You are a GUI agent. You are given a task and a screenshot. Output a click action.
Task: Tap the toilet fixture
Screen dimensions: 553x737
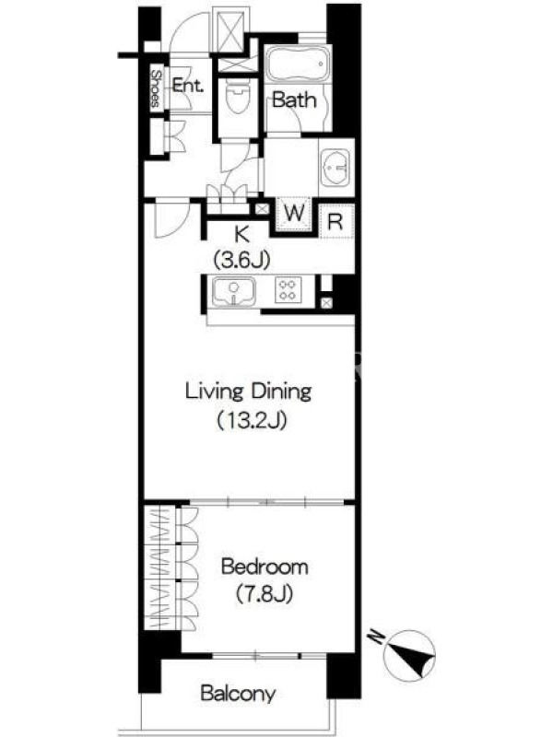(238, 95)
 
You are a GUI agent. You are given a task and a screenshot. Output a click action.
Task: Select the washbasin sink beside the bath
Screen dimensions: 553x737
(335, 167)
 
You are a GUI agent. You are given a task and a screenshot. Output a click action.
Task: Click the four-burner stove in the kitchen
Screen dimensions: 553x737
(288, 289)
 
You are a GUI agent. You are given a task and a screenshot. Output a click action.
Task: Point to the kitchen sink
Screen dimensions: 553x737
(234, 291)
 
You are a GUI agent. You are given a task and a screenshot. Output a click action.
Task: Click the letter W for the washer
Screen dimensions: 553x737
(295, 213)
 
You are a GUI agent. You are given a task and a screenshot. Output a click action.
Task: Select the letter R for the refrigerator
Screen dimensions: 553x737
(335, 221)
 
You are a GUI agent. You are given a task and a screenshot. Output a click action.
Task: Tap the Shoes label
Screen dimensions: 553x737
(156, 88)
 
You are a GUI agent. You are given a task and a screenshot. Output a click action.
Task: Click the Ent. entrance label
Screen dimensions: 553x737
(188, 85)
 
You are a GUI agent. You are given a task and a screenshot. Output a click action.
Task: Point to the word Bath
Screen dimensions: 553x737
(294, 99)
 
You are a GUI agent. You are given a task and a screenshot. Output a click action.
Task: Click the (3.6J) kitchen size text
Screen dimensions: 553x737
(242, 260)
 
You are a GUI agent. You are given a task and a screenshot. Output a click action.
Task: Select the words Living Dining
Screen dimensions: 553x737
(248, 391)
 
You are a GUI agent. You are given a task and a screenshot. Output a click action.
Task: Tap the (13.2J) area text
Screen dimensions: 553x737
(251, 420)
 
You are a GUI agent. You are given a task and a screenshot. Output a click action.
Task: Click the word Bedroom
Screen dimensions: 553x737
(265, 567)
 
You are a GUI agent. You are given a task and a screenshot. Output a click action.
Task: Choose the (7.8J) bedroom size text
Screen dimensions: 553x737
(265, 593)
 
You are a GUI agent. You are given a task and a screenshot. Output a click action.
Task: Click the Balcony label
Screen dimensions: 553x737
(238, 694)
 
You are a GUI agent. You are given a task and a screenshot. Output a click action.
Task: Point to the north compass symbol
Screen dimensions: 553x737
(409, 654)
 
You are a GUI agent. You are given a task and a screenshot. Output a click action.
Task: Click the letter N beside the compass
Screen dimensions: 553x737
(376, 637)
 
